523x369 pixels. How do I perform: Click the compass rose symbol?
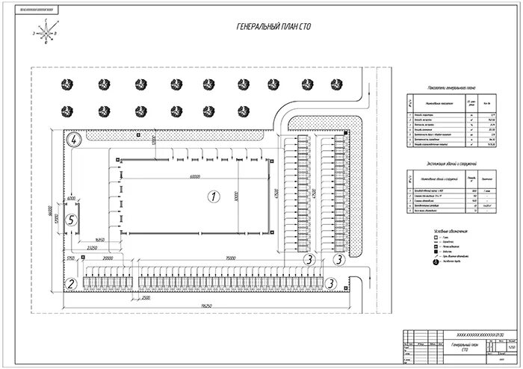point(49,31)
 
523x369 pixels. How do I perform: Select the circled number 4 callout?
point(74,140)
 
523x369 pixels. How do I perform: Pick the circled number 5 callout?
point(70,220)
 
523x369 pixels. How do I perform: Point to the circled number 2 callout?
point(70,283)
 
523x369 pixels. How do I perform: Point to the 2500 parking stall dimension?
point(146,297)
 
